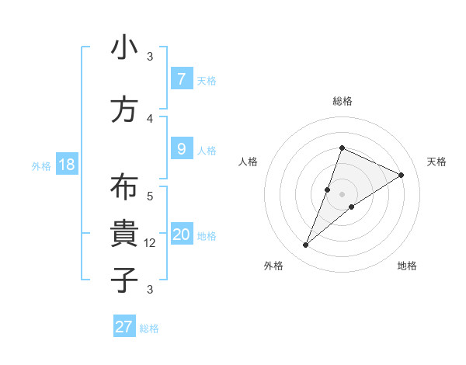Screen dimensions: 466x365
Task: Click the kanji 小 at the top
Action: (x=124, y=48)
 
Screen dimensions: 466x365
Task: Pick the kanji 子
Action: (x=124, y=279)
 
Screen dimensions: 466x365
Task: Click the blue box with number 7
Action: (x=181, y=79)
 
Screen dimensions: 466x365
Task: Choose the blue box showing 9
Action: (x=181, y=148)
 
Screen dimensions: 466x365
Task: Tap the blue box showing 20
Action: (x=182, y=235)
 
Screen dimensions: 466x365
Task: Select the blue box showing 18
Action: (x=66, y=165)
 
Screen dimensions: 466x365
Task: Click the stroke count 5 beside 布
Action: (x=150, y=196)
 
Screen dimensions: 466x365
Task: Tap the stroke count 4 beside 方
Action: (x=150, y=119)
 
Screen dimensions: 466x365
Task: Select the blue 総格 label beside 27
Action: (x=149, y=328)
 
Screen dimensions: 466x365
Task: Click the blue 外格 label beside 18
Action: (x=41, y=165)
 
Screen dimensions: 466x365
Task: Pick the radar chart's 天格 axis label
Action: (x=436, y=162)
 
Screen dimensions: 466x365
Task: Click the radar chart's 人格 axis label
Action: (x=248, y=162)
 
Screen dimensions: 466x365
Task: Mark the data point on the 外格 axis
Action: (x=306, y=245)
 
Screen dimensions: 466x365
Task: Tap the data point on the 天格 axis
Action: (x=402, y=175)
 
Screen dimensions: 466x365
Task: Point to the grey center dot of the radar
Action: (x=342, y=194)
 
